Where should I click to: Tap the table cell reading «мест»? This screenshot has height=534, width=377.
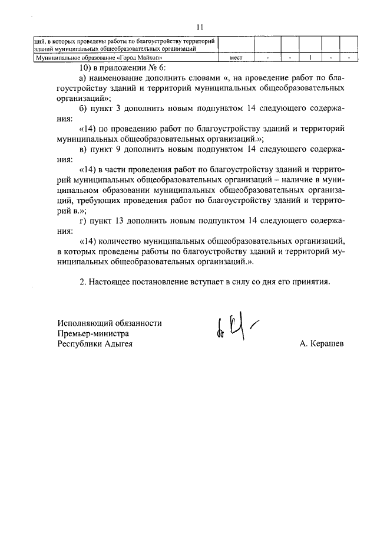click(236, 58)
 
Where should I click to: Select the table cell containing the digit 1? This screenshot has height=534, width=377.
click(310, 58)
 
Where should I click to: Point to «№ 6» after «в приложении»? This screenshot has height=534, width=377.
click(151, 67)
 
